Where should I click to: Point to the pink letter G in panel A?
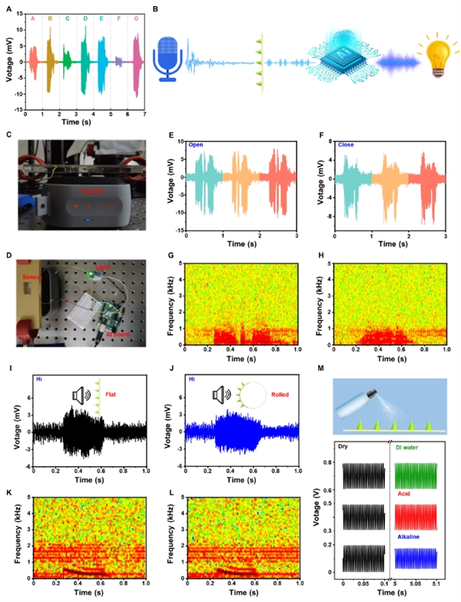click(x=136, y=16)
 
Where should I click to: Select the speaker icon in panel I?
click(x=80, y=397)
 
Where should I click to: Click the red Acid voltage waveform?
click(x=416, y=517)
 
